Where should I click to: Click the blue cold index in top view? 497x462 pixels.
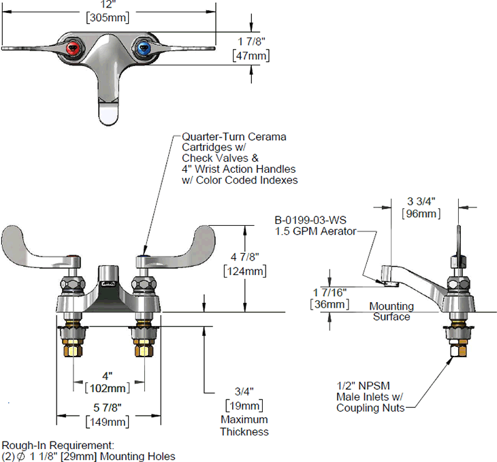[143, 48]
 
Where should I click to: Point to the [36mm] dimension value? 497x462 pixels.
[330, 303]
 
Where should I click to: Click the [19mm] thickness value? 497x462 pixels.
[240, 406]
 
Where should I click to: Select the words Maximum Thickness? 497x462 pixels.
[244, 425]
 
